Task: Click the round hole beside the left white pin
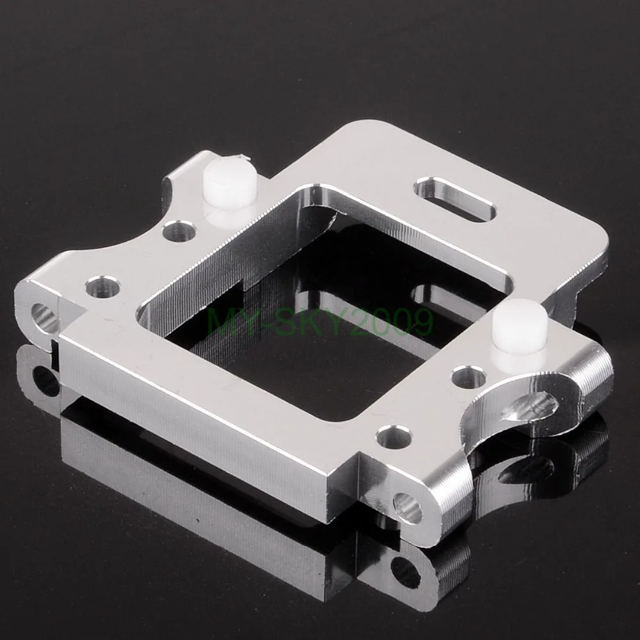(179, 231)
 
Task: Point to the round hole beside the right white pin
(469, 378)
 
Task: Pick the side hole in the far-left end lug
(44, 317)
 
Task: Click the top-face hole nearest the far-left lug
(102, 287)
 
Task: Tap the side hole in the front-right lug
(407, 508)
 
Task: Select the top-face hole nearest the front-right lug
(394, 436)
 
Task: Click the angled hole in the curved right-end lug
(529, 406)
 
